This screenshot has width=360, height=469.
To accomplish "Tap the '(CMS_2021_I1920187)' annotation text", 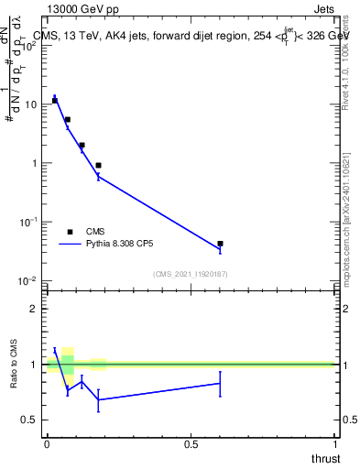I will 190,274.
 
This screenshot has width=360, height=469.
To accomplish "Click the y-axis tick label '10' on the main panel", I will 30,104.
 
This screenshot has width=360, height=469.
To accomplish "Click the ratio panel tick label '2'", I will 34,309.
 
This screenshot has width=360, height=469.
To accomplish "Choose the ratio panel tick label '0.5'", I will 30,420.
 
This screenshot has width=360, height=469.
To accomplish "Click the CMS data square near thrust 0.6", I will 220,244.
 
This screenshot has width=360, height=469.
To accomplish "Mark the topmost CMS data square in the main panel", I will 55,101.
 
